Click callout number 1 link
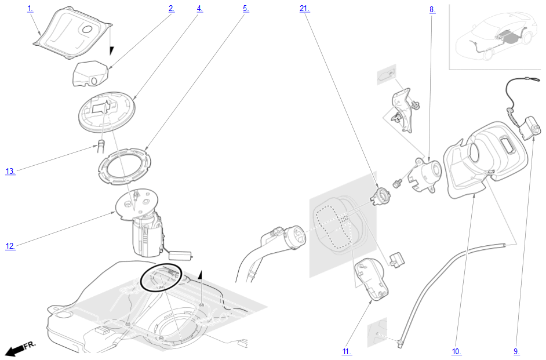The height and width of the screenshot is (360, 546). (30, 9)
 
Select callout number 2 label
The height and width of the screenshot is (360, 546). (172, 9)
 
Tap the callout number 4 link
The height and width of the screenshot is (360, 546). (199, 9)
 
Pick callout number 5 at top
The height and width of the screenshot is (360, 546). (246, 9)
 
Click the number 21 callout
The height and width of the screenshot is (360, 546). (304, 9)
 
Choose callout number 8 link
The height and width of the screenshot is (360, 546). (432, 10)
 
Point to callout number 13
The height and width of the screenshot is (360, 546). (10, 171)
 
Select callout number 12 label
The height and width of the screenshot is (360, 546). (10, 246)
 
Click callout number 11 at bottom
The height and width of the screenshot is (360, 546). (347, 352)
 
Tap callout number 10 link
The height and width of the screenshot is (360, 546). (457, 352)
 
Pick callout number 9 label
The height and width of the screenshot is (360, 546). (516, 352)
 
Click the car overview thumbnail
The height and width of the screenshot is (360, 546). (496, 37)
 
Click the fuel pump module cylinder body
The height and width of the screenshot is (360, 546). (147, 236)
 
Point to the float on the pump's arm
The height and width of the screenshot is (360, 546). (181, 255)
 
